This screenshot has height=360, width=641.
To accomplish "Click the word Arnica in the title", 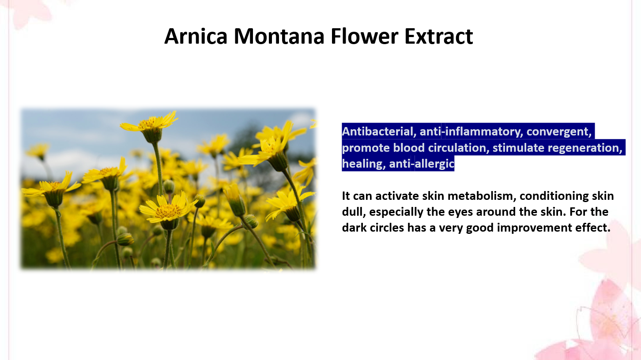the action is click(196, 36).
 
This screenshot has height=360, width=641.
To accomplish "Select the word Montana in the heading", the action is click(279, 36).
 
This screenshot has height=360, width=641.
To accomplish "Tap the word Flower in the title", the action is click(364, 36).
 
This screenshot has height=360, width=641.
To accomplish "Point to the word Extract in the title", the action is click(439, 36).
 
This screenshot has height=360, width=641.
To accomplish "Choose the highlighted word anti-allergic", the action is click(422, 164).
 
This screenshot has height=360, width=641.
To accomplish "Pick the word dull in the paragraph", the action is click(354, 212).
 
